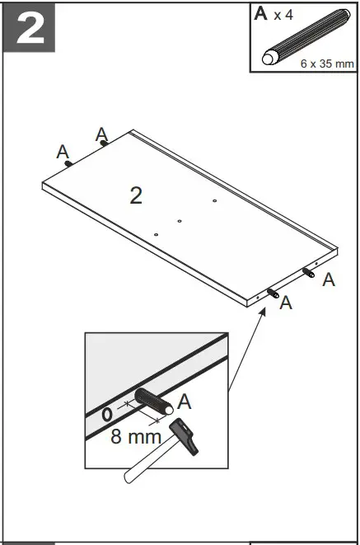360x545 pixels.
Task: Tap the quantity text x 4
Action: [x=283, y=16]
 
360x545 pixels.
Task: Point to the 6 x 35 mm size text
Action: [x=326, y=63]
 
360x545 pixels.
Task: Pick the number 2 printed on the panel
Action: [x=136, y=195]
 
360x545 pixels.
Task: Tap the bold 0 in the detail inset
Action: [x=106, y=415]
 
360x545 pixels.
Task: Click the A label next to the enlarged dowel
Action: [x=185, y=402]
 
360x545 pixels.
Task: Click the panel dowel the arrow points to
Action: [x=273, y=293]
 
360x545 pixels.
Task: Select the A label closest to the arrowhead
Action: [x=286, y=303]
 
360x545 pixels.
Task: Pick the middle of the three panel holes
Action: [x=179, y=221]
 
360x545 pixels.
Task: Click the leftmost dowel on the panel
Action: [x=68, y=162]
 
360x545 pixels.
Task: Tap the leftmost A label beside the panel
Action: [x=62, y=151]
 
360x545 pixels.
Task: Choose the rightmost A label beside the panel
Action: [x=329, y=280]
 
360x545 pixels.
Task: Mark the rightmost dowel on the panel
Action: [x=311, y=273]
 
